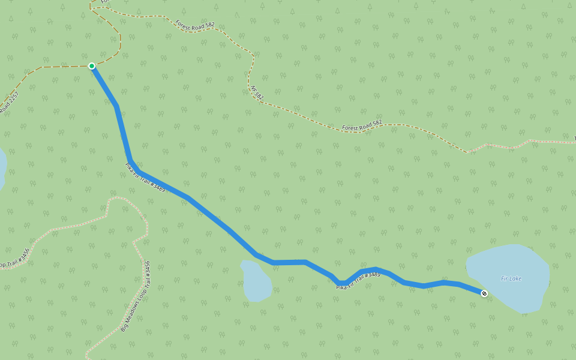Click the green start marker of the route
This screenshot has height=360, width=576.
[x=92, y=66]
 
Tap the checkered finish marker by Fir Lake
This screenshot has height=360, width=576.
[x=484, y=293]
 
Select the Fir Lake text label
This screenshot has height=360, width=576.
[x=511, y=278]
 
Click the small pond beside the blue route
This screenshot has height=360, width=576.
[x=256, y=281]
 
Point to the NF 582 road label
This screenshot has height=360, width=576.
[x=257, y=92]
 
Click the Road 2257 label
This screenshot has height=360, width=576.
[x=10, y=103]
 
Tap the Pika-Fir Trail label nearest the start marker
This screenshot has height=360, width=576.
[x=145, y=177]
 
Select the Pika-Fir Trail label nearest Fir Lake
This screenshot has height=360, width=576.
[x=358, y=281]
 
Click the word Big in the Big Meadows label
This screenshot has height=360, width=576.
[x=124, y=326]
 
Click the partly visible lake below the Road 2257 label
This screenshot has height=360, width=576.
[x=2, y=168]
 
